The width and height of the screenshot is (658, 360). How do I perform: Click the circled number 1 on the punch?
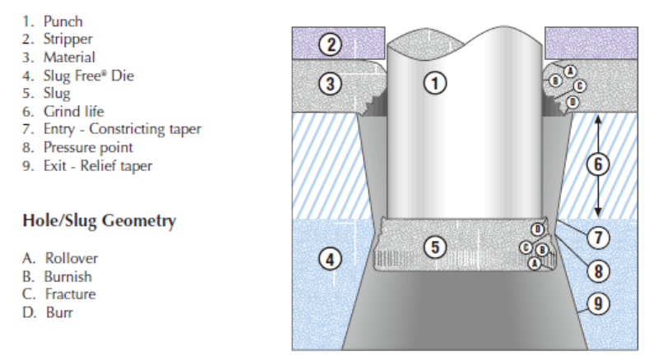click(x=437, y=81)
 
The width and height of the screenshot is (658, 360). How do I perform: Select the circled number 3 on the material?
click(x=330, y=84)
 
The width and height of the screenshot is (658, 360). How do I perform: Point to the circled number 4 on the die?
click(x=330, y=259)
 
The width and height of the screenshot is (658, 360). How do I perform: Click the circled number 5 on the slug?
click(x=437, y=247)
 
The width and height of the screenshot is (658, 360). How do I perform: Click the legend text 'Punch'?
click(x=64, y=21)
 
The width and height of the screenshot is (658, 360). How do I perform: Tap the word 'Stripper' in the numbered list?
click(x=68, y=39)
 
